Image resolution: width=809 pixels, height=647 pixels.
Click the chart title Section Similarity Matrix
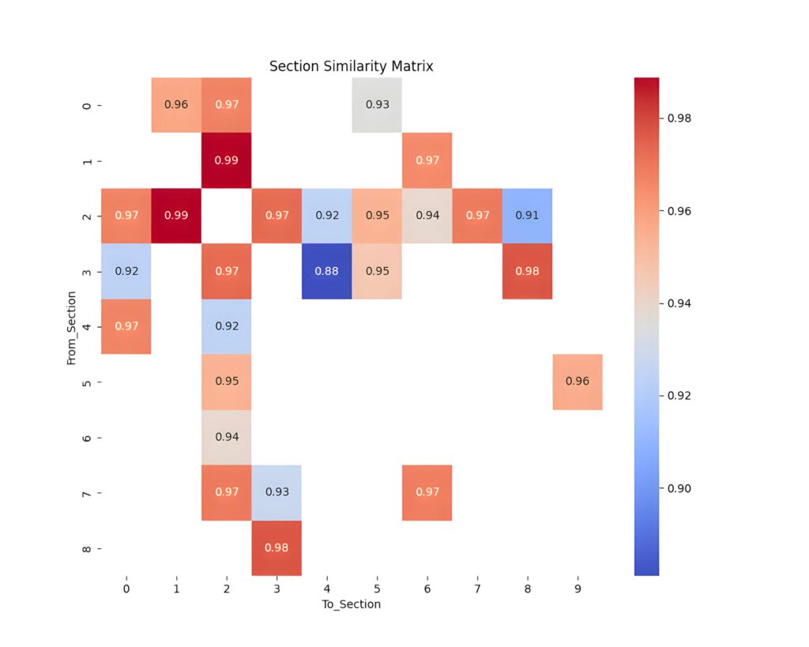click(351, 66)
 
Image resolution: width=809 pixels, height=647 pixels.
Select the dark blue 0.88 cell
click(326, 272)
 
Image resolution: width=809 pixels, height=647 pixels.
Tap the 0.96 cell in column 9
click(578, 382)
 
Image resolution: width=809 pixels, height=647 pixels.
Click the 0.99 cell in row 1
click(226, 160)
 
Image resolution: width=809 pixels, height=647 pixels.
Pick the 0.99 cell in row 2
click(175, 216)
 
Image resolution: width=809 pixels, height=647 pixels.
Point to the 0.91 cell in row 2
click(527, 216)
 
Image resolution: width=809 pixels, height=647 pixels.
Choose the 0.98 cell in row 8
click(277, 548)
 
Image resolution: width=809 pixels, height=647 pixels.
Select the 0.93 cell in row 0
click(377, 105)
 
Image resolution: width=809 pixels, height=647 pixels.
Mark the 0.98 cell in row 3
click(527, 272)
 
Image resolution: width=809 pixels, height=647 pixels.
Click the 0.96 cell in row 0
click(175, 105)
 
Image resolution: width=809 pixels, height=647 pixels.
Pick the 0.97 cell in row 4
click(126, 326)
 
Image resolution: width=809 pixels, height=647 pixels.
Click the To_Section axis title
click(351, 604)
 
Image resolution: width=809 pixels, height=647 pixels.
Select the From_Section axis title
click(71, 327)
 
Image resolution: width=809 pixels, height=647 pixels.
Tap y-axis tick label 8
click(86, 548)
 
